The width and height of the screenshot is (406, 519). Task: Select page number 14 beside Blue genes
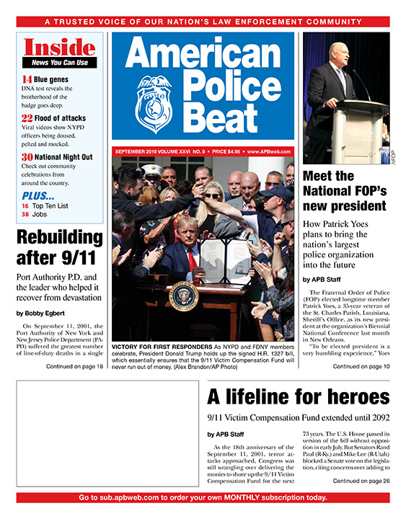coord(26,79)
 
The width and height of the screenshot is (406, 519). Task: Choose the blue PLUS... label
coord(38,195)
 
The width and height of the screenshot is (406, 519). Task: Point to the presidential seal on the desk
coord(185,296)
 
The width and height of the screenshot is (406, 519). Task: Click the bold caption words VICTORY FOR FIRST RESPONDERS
coord(162,347)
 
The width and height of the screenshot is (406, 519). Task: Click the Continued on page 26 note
coord(361,481)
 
